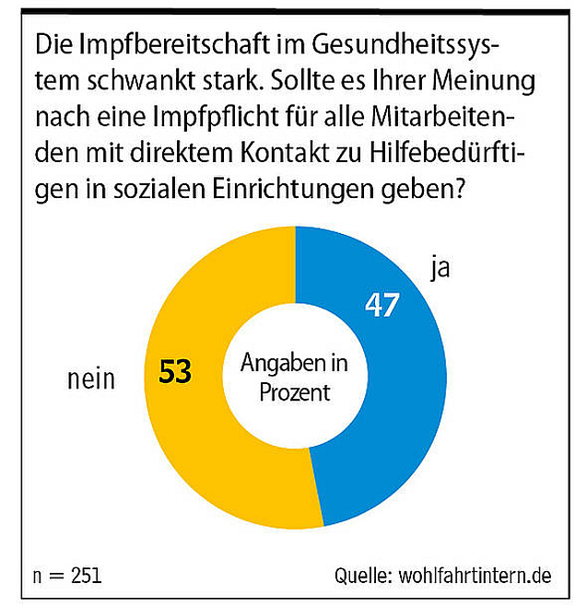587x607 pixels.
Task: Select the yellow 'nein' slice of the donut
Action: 184,433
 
